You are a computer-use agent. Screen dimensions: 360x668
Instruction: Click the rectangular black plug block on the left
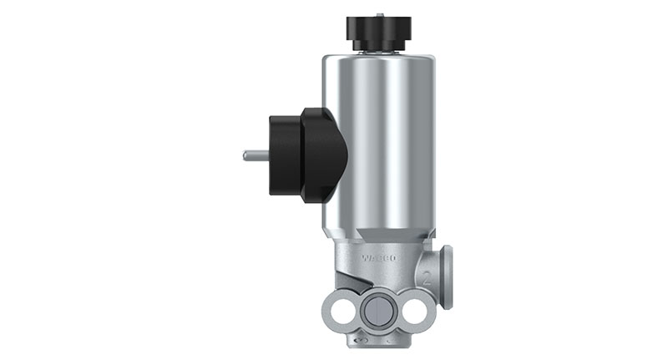[x=284, y=155]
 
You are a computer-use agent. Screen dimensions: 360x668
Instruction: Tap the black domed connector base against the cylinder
[x=326, y=155]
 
